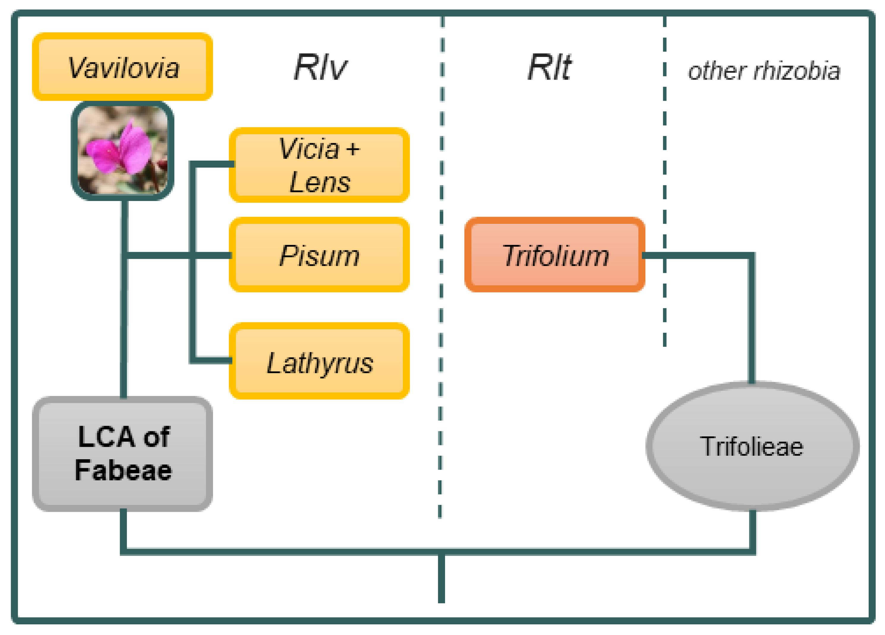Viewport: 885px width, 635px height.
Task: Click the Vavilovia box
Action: click(x=122, y=67)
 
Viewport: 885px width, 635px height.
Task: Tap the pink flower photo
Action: click(x=122, y=151)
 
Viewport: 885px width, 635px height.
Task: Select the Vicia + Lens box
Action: click(x=319, y=165)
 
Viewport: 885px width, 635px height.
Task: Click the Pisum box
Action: click(x=319, y=255)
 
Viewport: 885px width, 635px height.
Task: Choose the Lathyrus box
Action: click(x=319, y=361)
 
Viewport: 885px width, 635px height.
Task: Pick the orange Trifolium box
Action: click(x=554, y=255)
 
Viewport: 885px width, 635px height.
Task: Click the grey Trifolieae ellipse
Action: click(x=752, y=446)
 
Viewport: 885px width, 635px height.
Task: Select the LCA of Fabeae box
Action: click(x=122, y=454)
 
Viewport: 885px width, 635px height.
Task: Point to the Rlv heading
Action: click(x=320, y=67)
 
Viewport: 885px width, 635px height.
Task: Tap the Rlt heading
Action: click(x=549, y=67)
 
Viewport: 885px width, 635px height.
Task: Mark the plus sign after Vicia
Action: click(x=353, y=149)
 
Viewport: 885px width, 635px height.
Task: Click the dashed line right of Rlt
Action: click(x=665, y=175)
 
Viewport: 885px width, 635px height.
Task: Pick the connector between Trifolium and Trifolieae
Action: click(x=752, y=312)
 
